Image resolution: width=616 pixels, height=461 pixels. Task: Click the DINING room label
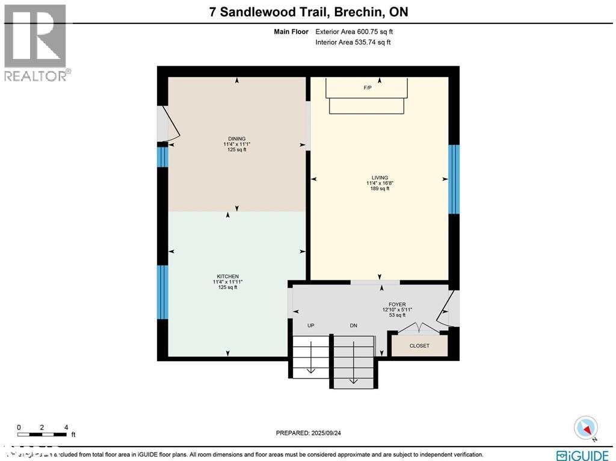(236, 138)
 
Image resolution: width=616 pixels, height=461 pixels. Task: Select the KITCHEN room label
(227, 276)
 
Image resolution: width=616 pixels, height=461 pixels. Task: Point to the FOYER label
(397, 305)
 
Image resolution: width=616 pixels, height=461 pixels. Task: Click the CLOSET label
(419, 345)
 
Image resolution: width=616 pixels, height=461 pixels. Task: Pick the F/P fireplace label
(368, 88)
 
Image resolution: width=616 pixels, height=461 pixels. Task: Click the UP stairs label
(311, 326)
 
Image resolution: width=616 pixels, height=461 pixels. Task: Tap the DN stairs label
(354, 326)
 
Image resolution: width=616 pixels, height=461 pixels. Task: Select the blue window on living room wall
(454, 179)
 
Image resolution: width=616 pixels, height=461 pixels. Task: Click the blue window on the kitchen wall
(162, 292)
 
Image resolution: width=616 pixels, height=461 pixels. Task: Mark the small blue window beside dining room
(162, 157)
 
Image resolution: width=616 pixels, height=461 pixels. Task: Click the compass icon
(585, 428)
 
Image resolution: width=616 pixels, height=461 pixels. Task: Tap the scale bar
(42, 433)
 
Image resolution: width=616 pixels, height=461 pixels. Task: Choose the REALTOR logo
(36, 42)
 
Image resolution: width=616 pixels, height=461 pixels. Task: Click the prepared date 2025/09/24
(312, 433)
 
